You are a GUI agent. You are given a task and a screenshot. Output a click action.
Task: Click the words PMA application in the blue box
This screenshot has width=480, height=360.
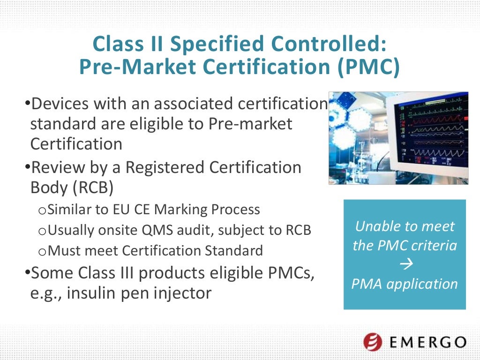[405, 284]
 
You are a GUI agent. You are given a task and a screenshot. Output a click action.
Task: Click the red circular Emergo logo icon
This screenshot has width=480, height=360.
[372, 341]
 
